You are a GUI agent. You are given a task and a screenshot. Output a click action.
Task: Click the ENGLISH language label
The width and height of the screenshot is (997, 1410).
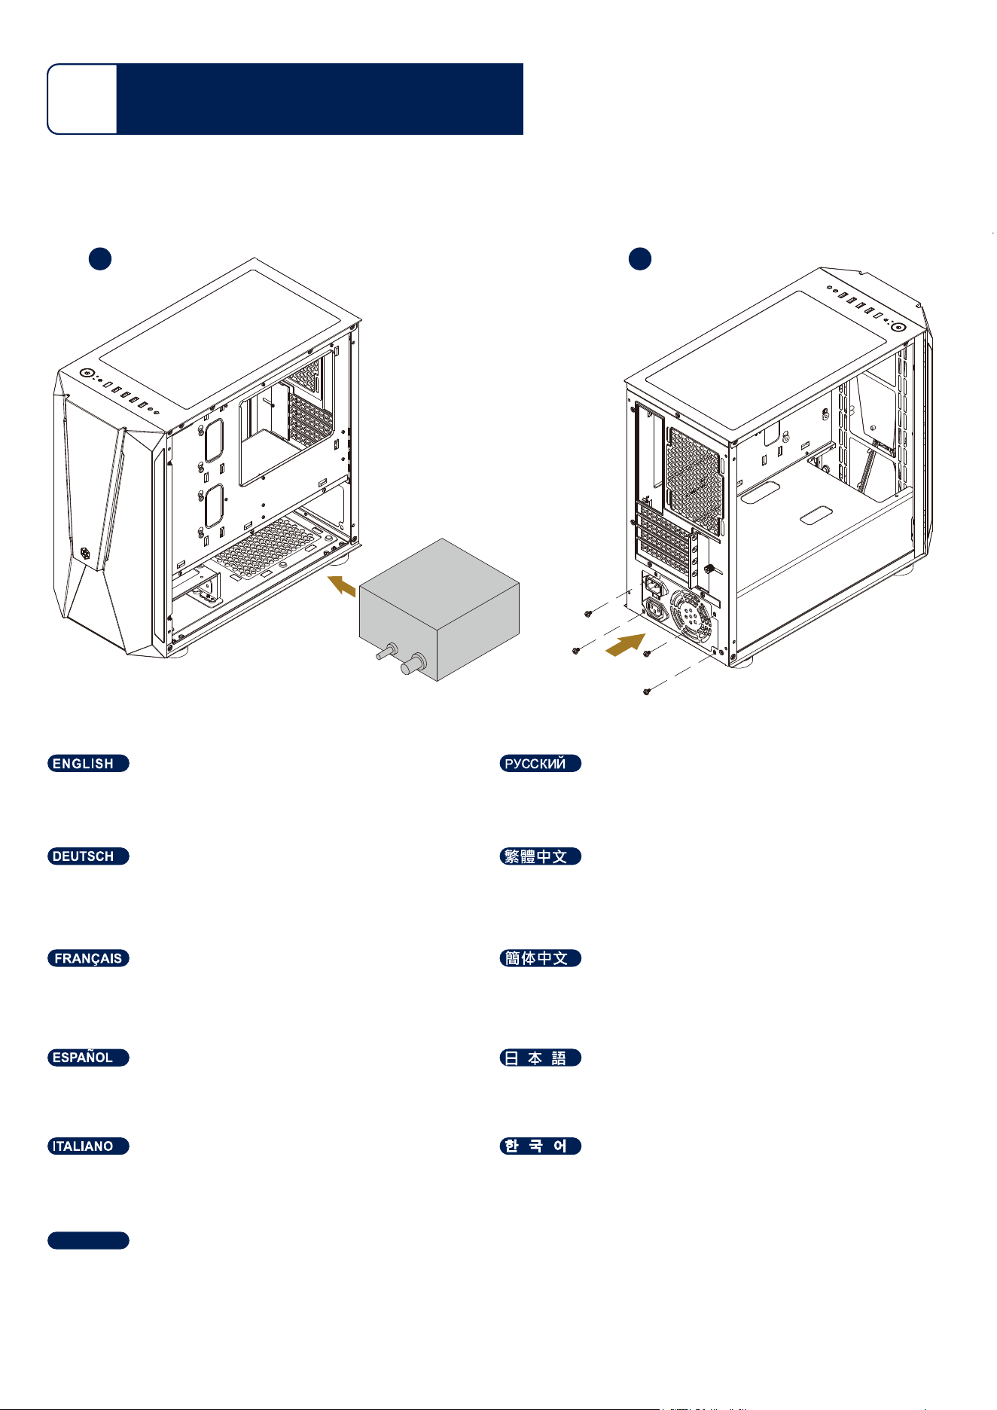88,763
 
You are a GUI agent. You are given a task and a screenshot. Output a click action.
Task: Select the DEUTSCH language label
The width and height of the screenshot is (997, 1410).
88,856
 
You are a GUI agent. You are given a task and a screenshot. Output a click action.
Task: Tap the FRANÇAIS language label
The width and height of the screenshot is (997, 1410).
88,958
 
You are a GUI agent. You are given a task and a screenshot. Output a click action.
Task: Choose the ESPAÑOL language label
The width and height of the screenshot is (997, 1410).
88,1057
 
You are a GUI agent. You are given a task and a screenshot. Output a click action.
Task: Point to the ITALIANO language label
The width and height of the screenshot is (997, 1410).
88,1146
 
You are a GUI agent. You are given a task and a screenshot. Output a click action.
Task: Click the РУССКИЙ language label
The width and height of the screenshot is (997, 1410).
541,763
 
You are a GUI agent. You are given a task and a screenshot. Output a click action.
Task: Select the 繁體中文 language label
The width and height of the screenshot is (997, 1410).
541,856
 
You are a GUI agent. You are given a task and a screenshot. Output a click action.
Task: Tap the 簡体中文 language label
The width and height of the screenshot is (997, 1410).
541,958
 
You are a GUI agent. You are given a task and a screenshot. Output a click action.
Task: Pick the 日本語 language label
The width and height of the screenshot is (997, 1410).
541,1057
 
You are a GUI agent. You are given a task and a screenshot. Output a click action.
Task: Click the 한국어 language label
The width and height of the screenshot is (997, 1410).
541,1146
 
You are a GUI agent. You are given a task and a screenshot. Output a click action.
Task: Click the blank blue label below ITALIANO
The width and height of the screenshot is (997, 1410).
88,1241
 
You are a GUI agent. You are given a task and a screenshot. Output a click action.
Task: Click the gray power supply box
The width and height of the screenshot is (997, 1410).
440,610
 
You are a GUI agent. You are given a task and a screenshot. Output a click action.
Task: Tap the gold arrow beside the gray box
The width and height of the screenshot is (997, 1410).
342,585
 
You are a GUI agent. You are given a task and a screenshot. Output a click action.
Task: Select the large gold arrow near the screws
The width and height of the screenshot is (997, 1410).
626,645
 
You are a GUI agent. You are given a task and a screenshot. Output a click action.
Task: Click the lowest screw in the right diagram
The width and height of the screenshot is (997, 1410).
647,691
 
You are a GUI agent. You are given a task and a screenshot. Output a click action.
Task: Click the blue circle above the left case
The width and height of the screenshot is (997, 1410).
100,259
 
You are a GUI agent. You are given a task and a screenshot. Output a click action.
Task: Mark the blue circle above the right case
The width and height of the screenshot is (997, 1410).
640,259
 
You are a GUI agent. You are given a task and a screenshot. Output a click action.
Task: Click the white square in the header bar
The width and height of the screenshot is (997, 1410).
82,99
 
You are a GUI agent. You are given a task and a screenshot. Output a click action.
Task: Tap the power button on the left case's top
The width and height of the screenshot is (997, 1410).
87,373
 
